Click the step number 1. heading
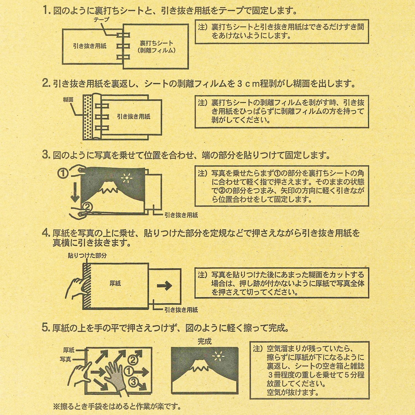click(x=46, y=11)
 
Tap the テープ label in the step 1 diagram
click(x=101, y=20)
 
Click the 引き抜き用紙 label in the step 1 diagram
click(x=90, y=46)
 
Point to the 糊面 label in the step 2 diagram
click(x=68, y=100)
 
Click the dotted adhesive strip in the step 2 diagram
click(x=87, y=118)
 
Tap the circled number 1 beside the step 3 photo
click(x=63, y=173)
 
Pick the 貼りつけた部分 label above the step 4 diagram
click(x=87, y=255)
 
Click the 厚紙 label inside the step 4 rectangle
click(x=115, y=283)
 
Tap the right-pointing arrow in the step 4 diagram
click(x=164, y=286)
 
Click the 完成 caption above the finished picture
click(x=204, y=341)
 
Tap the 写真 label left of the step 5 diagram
click(x=65, y=359)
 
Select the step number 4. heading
click(x=46, y=233)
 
